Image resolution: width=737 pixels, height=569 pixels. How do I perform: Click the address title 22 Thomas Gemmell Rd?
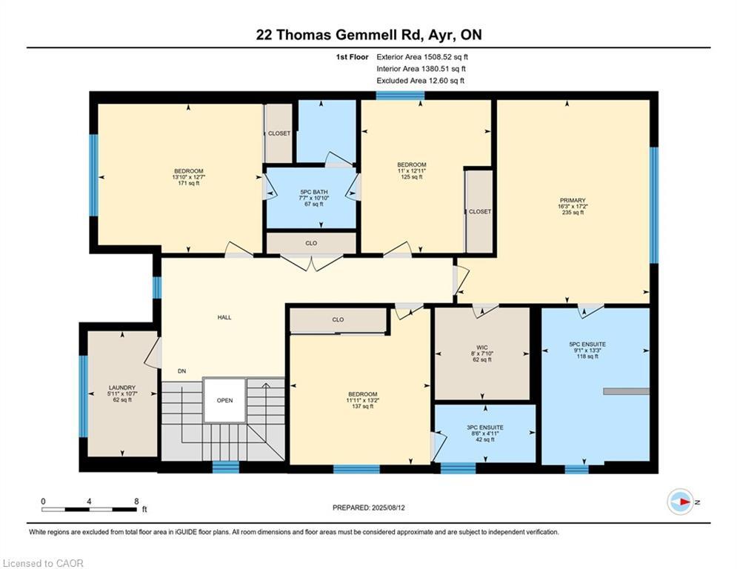click(368, 34)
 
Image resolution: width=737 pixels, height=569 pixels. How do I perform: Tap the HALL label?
click(224, 317)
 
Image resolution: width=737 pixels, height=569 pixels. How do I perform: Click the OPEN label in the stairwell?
click(224, 400)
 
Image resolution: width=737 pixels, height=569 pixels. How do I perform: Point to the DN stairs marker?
click(181, 371)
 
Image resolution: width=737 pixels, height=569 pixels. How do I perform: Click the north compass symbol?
click(681, 502)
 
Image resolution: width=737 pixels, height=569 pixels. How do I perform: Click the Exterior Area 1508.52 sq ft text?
click(422, 56)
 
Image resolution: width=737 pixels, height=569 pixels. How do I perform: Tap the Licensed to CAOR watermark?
click(43, 563)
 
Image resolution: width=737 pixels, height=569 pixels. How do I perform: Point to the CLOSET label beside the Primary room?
click(479, 212)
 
